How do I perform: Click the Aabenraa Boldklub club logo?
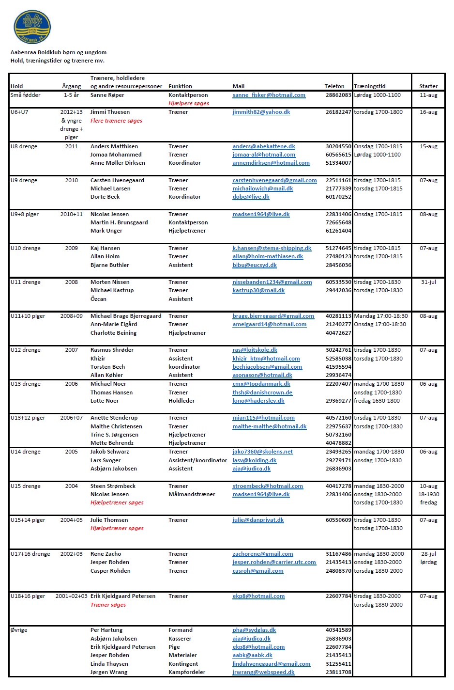tap(32, 27)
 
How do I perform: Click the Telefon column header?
tap(334, 86)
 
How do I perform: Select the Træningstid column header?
tap(370, 86)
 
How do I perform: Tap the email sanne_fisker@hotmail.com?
tap(269, 95)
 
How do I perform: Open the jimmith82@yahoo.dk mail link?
tap(261, 112)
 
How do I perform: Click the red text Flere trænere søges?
tap(116, 121)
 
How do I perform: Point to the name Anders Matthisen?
tap(114, 146)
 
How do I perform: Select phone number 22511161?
tap(338, 180)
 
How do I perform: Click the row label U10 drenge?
tap(25, 248)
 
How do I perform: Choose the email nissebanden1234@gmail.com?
tap(272, 282)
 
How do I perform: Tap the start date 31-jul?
tap(428, 282)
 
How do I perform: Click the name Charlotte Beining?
tap(113, 333)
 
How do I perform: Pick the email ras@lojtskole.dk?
tap(255, 350)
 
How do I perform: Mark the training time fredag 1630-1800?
tap(377, 401)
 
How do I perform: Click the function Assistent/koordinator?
tap(197, 460)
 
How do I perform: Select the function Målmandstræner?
tap(192, 494)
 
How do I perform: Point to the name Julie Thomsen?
tap(109, 520)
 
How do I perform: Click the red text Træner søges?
tap(108, 605)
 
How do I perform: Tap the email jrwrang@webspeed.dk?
tap(263, 672)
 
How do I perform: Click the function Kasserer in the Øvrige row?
tap(180, 639)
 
